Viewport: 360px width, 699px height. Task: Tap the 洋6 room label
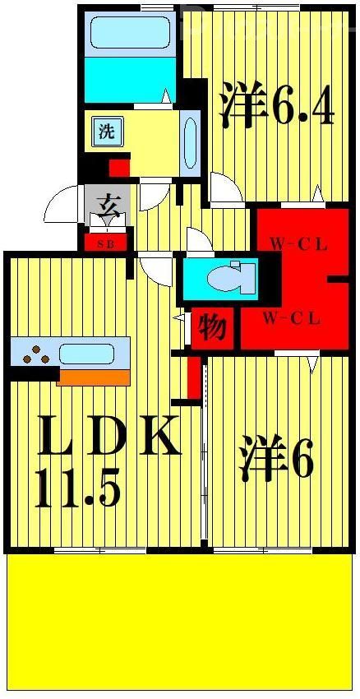pos(277,459)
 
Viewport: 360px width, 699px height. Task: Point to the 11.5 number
pos(78,488)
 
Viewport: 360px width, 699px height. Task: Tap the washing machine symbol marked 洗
pos(106,132)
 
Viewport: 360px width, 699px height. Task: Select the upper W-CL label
pos(299,245)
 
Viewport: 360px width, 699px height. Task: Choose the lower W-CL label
pos(292,319)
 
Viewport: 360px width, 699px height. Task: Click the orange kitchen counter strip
pos(94,377)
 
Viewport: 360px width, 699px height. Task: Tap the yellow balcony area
pos(181,621)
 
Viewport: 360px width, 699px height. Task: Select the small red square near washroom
pos(119,168)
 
